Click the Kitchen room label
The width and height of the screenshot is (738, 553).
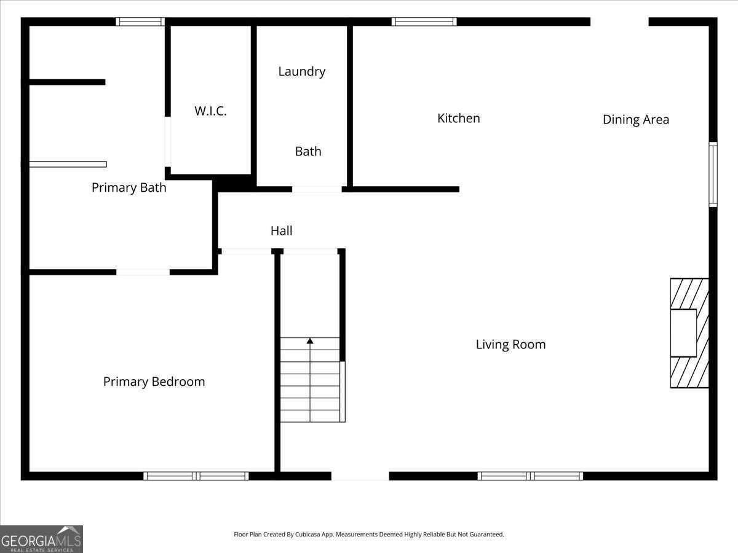coord(458,118)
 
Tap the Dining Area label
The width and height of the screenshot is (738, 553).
coord(635,119)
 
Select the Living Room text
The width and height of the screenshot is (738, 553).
coord(510,344)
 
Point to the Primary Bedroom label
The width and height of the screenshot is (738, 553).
coord(154,382)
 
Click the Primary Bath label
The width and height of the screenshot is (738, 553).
coord(129,187)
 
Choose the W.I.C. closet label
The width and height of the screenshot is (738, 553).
coord(210,111)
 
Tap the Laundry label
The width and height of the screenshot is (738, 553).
coord(301,71)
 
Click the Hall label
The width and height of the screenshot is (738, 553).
coord(281,231)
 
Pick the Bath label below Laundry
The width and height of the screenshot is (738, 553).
coord(307,151)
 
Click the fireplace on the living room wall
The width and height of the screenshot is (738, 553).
coord(689,333)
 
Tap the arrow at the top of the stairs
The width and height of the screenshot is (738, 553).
coord(310,340)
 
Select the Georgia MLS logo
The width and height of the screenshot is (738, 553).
coord(41,539)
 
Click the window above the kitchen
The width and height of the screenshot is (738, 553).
coord(424,22)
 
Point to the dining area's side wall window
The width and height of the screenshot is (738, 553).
coord(713,175)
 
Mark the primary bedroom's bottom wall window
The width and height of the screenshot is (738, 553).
coord(196,476)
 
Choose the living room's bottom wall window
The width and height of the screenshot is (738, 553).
coord(530,476)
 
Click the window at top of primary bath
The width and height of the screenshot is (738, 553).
coord(140,22)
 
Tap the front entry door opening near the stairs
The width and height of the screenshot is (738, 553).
coord(360,476)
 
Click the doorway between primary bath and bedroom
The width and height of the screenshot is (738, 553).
coord(143,272)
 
